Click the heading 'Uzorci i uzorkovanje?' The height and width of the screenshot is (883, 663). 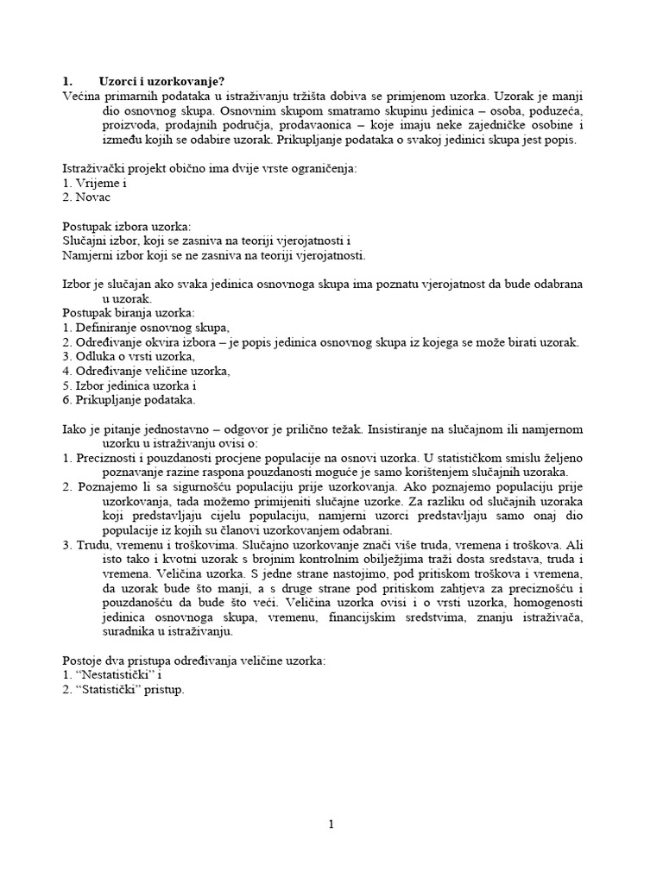[x=155, y=81]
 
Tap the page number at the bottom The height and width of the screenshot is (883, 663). [x=331, y=825]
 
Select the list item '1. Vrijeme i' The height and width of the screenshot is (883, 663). [x=96, y=184]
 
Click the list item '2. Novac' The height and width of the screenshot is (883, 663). [x=92, y=197]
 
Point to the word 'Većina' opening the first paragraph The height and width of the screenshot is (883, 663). [x=82, y=96]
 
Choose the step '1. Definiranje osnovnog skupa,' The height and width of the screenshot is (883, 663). [x=147, y=328]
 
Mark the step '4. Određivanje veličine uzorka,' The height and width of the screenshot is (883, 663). [x=147, y=371]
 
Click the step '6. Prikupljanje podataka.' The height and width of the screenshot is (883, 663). [x=129, y=400]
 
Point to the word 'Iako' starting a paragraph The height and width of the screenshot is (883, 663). [x=75, y=429]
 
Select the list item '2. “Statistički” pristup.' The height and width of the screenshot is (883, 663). [x=124, y=690]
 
